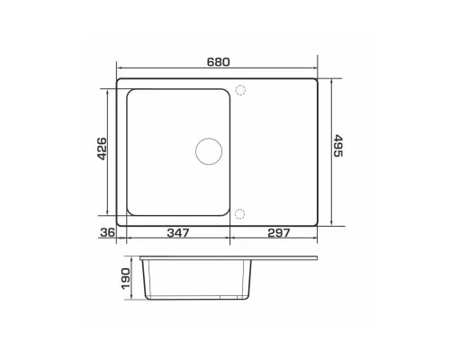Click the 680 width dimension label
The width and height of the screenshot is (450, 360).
219,62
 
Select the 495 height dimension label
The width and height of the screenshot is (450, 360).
337,146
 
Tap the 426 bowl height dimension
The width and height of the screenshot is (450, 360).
103,148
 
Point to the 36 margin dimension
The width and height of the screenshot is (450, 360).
107,232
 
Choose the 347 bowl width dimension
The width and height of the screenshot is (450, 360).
178,232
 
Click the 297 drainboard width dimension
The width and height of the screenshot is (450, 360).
279,232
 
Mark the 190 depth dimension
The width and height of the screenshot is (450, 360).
126,278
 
